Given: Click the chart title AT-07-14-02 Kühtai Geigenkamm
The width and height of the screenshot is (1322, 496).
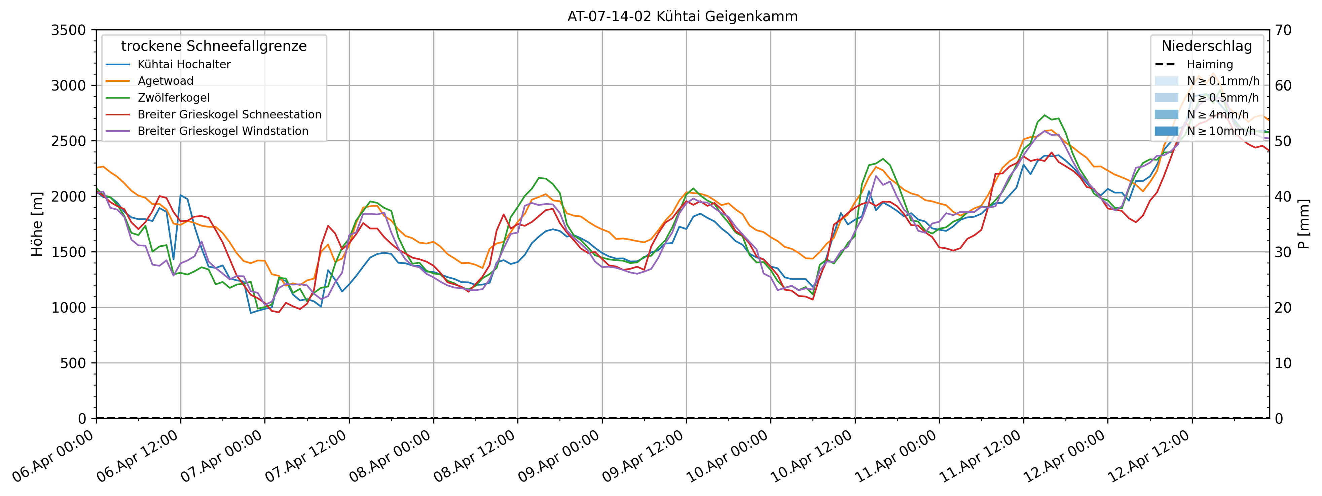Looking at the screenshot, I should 682,16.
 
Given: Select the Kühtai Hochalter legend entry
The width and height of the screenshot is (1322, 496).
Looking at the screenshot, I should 184,65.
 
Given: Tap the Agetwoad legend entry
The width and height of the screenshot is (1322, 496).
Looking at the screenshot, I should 165,81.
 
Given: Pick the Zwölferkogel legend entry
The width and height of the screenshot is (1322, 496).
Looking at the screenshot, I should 174,98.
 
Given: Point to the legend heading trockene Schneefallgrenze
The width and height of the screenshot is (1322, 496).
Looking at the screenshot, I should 214,46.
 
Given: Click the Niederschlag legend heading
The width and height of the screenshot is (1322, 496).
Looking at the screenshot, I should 1207,46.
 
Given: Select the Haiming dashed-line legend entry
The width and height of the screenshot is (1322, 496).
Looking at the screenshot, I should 1209,65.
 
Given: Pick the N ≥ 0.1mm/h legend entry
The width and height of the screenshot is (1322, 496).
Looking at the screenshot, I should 1222,81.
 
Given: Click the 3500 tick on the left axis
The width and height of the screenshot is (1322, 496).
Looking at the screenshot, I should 68,30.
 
